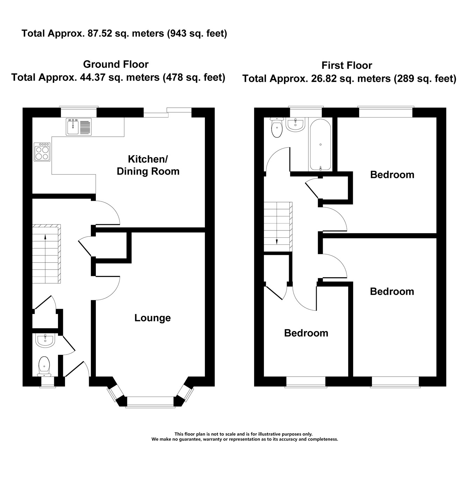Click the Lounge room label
tap(152, 318)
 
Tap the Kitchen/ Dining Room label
tap(148, 165)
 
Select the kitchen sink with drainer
tap(79, 127)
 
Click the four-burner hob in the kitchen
tap(42, 152)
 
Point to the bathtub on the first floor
tap(320, 145)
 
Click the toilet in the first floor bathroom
tap(277, 127)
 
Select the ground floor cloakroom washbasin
tap(45, 341)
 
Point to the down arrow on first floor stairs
tap(277, 223)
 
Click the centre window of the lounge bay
tap(150, 402)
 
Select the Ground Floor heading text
tap(116, 64)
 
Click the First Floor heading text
tap(347, 65)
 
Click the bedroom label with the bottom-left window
tap(306, 333)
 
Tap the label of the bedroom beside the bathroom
tap(392, 174)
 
